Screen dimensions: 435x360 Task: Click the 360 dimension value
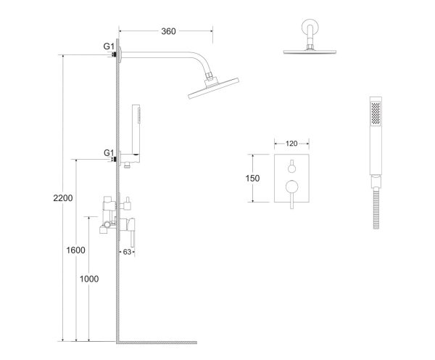click(x=168, y=31)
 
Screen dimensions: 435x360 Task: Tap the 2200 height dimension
click(x=63, y=198)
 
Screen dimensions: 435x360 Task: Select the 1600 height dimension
click(x=75, y=250)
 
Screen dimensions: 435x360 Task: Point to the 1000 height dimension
click(x=89, y=279)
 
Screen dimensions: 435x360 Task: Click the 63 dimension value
click(x=127, y=252)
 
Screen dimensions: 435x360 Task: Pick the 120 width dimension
click(x=291, y=144)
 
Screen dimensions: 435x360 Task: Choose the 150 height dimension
click(x=252, y=179)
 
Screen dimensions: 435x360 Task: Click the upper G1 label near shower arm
click(x=109, y=46)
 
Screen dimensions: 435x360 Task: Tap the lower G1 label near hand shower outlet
click(x=109, y=152)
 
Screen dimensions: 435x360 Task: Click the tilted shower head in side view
click(x=213, y=88)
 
